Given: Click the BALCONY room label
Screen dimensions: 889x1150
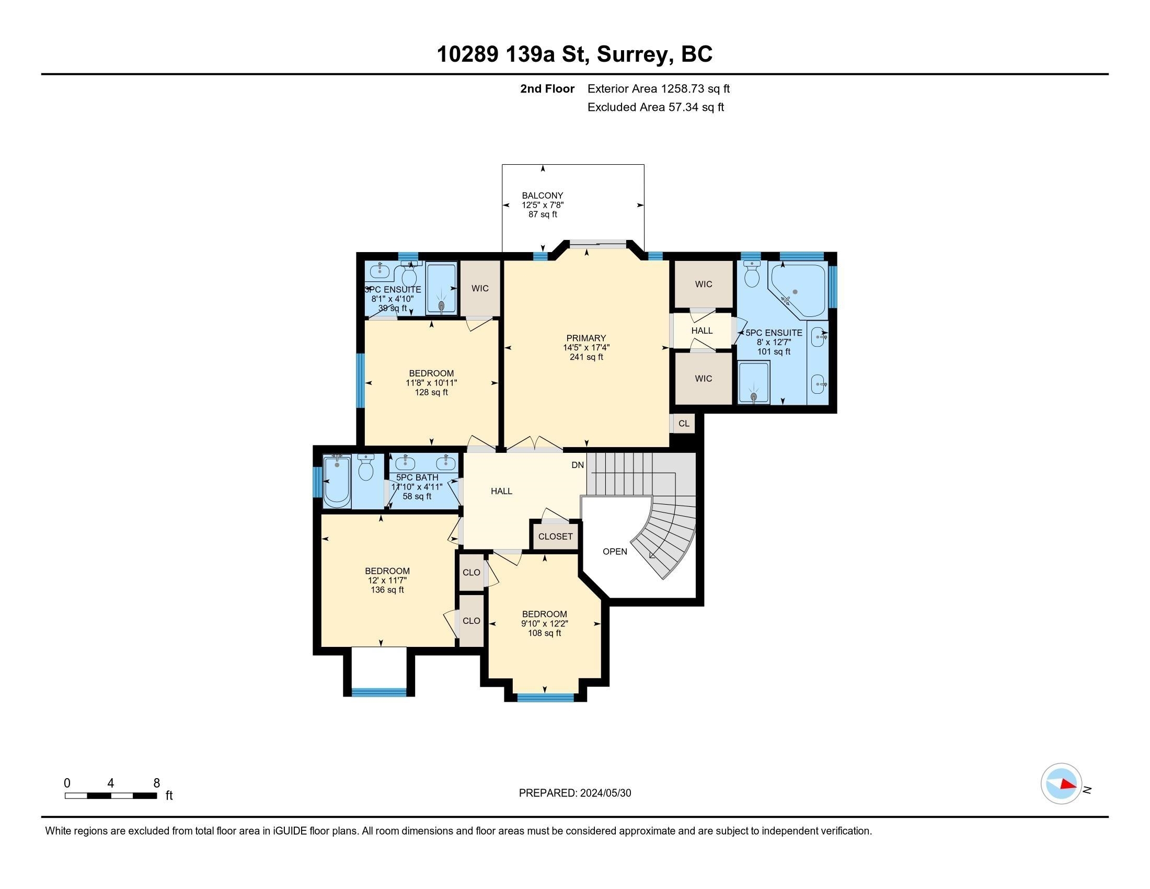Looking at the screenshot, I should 543,196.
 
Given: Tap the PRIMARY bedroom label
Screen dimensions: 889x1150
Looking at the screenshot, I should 586,338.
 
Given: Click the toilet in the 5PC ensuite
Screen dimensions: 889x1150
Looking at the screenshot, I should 752,275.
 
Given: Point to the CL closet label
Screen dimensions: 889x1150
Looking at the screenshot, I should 684,424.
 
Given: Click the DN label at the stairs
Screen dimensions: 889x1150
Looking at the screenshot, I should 578,465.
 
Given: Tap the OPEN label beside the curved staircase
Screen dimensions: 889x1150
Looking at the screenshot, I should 615,551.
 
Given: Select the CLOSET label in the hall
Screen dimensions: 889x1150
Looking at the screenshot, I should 555,536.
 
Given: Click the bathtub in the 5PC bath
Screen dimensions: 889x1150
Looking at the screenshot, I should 337,481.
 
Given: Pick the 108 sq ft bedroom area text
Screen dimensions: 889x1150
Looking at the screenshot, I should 545,633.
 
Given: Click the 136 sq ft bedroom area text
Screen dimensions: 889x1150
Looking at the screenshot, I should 387,590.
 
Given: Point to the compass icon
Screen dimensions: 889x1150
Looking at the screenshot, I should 1061,784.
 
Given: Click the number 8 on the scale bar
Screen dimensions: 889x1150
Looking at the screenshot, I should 156,783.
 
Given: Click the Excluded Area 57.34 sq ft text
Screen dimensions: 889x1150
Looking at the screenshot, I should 655,107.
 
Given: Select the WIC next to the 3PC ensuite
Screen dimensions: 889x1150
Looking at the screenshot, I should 480,288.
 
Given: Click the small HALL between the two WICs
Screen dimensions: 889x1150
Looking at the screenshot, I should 702,330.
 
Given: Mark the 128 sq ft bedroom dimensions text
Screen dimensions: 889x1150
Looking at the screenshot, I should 431,383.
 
